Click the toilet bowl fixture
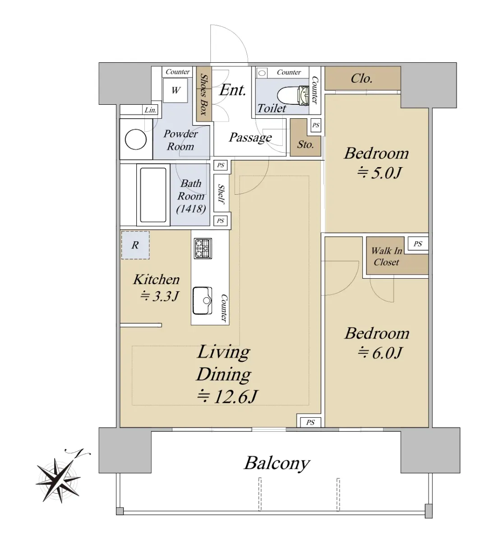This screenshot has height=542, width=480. (x=293, y=95)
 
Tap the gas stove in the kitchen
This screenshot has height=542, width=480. (x=203, y=248)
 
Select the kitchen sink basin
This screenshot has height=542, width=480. (x=202, y=300)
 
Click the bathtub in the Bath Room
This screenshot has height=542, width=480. (x=153, y=195)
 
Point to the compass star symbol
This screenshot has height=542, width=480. (x=58, y=480)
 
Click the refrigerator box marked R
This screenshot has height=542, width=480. (x=135, y=245)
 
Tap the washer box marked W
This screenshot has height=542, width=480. (x=175, y=90)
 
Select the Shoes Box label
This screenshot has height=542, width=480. (x=204, y=94)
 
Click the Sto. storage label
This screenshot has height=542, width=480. (x=305, y=145)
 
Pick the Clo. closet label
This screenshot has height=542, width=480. (x=361, y=79)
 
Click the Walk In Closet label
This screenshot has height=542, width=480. (x=387, y=256)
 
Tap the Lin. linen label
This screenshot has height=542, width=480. (x=151, y=110)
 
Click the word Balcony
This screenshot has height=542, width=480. (x=277, y=463)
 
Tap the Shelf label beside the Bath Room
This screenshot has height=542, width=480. (x=222, y=193)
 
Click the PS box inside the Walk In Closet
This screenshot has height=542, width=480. (x=418, y=244)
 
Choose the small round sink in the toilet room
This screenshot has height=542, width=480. (x=262, y=73)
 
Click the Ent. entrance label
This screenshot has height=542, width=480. (x=232, y=90)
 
